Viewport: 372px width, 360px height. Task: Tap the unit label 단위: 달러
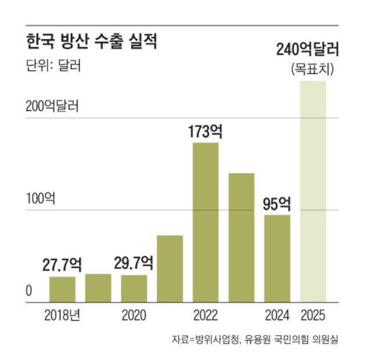point(53,65)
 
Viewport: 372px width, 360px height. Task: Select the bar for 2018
point(62,289)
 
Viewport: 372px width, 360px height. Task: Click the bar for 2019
point(98,287)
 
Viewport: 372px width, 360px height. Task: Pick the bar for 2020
point(134,289)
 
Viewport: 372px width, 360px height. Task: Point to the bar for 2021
point(170,269)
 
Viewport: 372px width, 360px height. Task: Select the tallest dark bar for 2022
point(206,222)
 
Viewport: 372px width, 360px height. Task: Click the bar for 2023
point(241,237)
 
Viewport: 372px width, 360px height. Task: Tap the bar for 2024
point(277,258)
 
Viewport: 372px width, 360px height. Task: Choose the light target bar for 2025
point(313,192)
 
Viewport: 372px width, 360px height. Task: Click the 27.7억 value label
point(62,265)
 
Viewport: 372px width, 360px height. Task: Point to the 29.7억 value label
point(134,264)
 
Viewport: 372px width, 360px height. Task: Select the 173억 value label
point(206,131)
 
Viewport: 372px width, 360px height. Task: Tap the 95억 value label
point(277,204)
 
